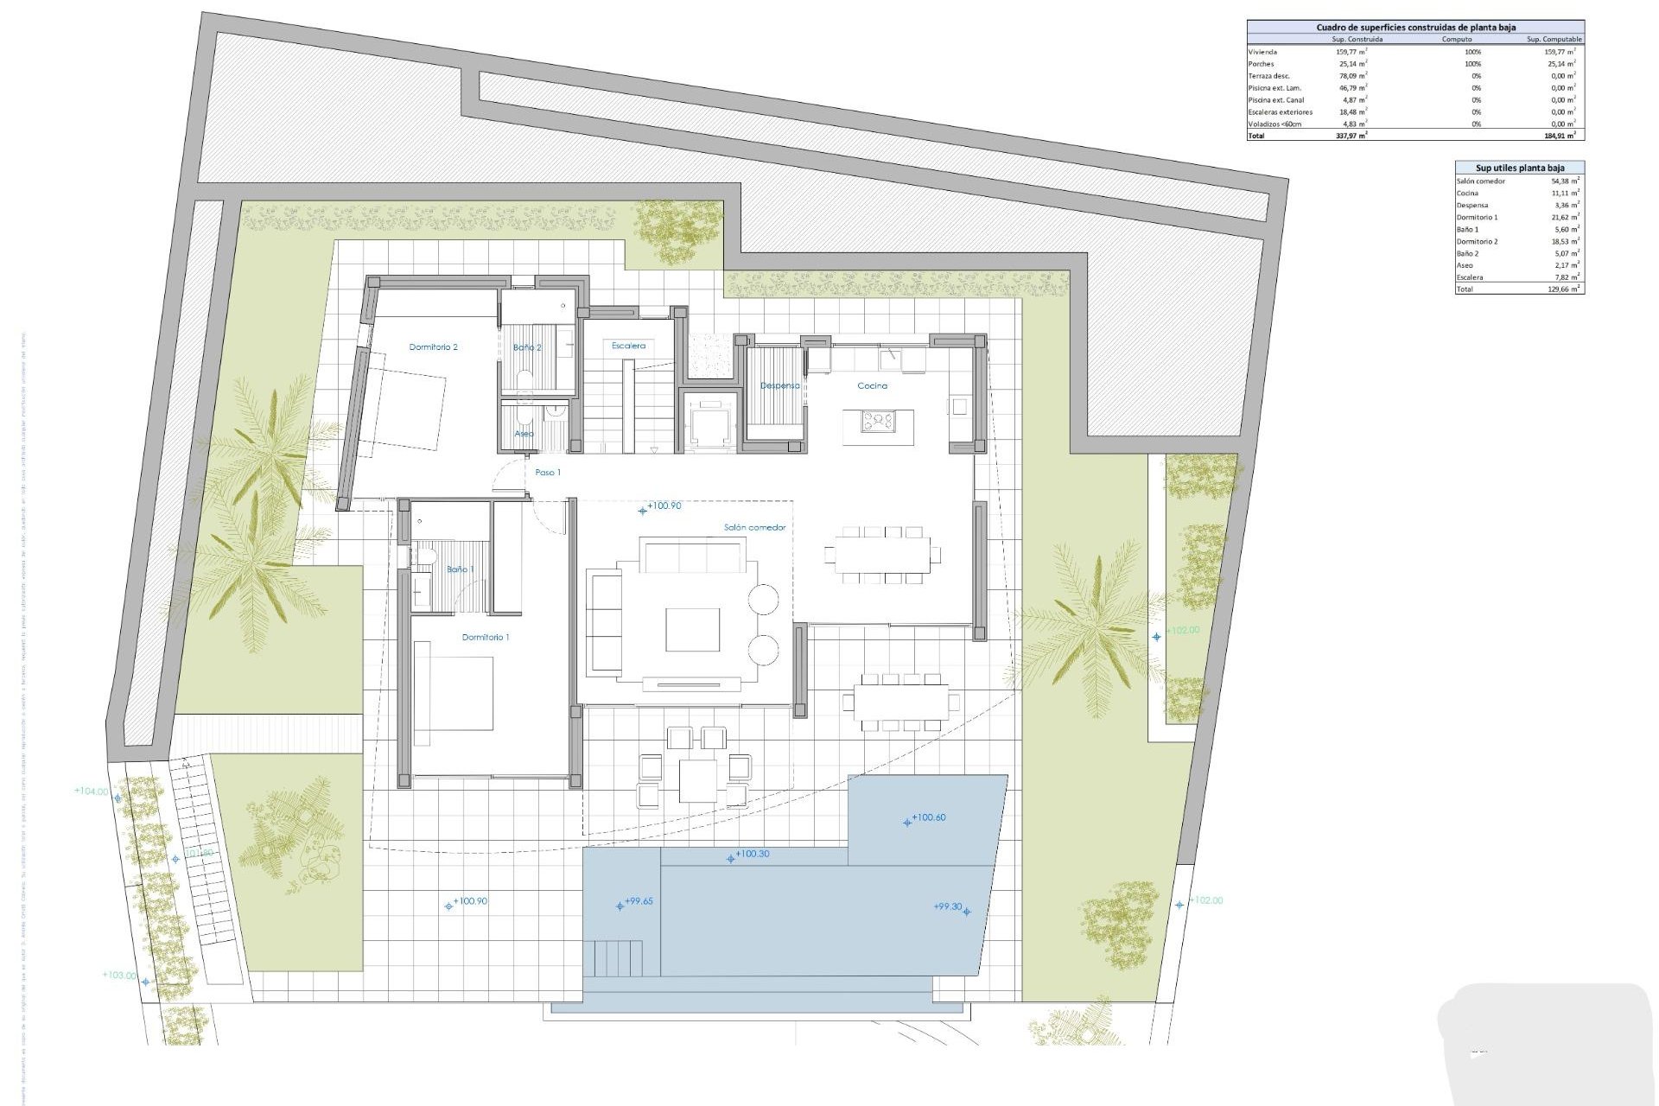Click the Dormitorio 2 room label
[433, 347]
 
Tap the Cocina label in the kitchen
[872, 386]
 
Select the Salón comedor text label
[754, 527]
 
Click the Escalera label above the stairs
[628, 346]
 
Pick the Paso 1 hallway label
[547, 473]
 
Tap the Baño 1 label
[460, 569]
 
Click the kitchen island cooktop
[878, 422]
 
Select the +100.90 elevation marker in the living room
[663, 506]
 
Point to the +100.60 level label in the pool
[928, 817]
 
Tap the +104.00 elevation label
[92, 791]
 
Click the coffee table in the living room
[692, 629]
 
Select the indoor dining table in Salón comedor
[881, 555]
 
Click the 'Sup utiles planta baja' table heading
[1519, 168]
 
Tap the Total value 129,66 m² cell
[1565, 289]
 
